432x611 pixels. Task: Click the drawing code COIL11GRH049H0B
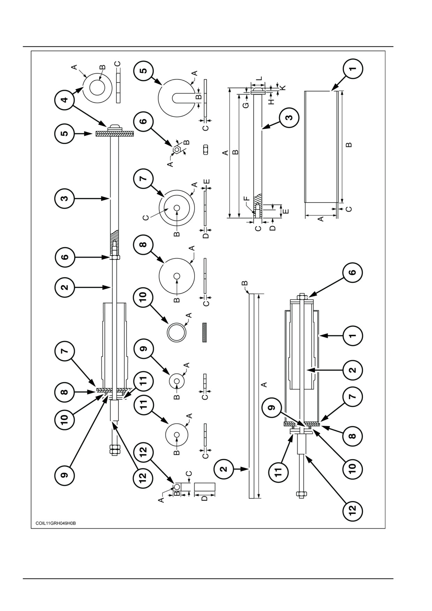point(55,523)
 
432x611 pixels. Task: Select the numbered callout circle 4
point(64,100)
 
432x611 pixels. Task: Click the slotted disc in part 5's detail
point(176,98)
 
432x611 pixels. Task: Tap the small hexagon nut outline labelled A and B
point(177,149)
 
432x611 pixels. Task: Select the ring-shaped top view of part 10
point(176,332)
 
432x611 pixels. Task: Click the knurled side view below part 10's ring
point(205,332)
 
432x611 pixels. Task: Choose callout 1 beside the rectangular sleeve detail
point(353,68)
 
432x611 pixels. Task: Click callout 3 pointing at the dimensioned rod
point(289,117)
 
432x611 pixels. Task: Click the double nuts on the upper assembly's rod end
point(114,450)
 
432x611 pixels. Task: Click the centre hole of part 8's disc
point(177,276)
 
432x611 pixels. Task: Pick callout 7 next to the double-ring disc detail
point(143,179)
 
